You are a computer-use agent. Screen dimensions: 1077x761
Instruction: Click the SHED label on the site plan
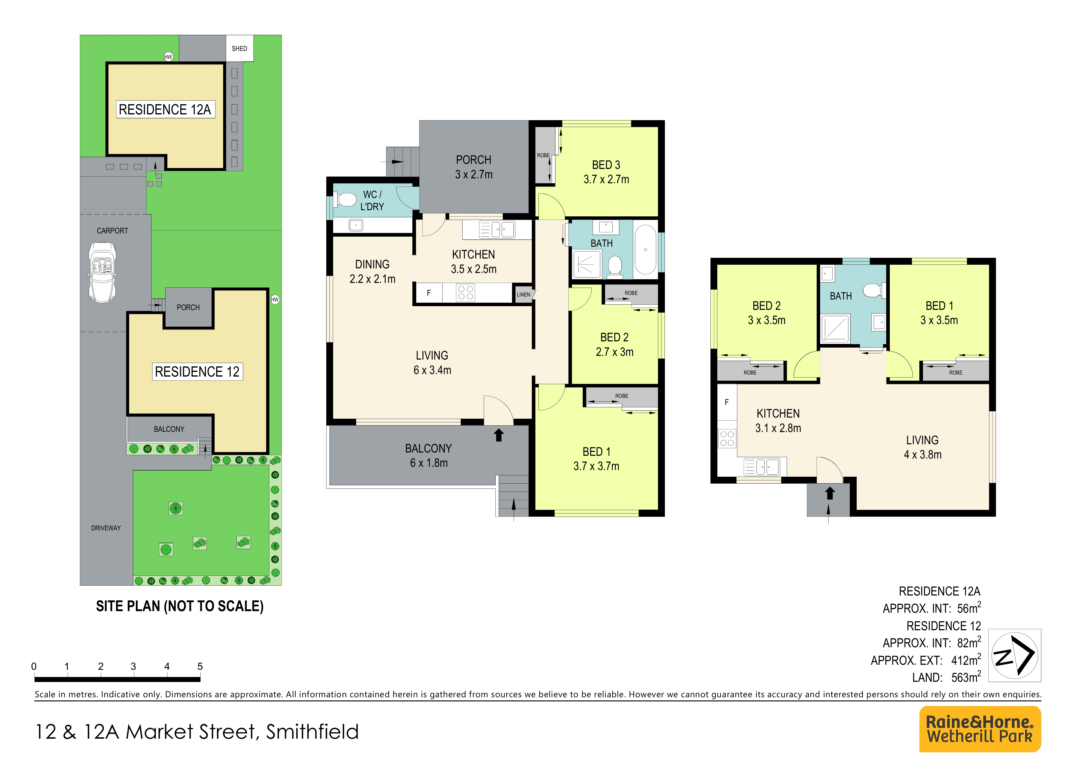click(x=239, y=48)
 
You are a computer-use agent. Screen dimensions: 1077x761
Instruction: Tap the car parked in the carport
click(x=102, y=272)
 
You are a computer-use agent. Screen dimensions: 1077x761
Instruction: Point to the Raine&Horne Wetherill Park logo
click(x=980, y=729)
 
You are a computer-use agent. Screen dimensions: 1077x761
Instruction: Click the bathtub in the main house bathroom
click(x=646, y=250)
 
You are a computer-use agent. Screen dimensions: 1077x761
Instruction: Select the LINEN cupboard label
click(x=524, y=294)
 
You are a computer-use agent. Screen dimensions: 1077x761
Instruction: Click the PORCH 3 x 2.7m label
click(x=474, y=167)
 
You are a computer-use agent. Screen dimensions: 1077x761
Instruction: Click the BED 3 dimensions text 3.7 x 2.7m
click(x=606, y=179)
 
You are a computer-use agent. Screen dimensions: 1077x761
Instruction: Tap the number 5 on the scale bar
click(x=200, y=666)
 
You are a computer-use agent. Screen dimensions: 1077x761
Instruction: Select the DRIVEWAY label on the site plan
click(x=106, y=528)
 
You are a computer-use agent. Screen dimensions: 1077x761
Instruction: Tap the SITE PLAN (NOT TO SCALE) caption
click(x=180, y=606)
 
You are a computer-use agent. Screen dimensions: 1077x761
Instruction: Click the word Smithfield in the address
click(x=312, y=732)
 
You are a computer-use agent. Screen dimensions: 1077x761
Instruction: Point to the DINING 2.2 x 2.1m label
click(x=373, y=271)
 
